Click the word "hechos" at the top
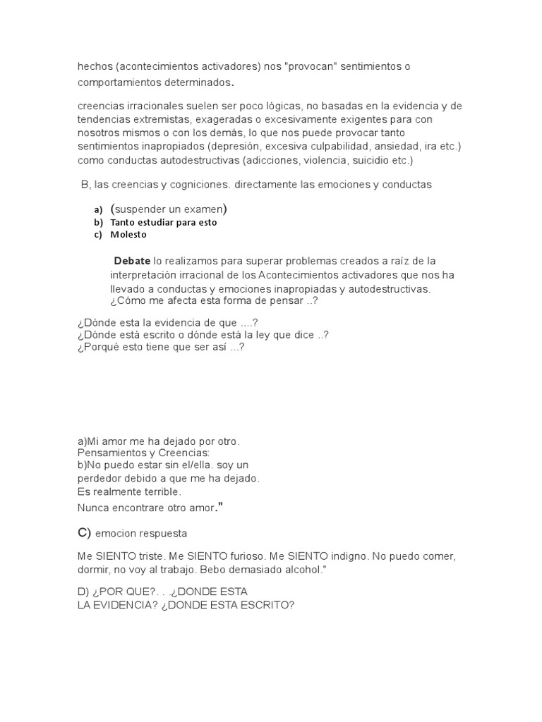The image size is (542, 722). click(94, 67)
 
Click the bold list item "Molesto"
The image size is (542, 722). click(128, 234)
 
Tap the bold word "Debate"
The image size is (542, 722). click(132, 261)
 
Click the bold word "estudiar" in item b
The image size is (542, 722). click(158, 222)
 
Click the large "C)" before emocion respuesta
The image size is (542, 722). click(85, 532)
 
